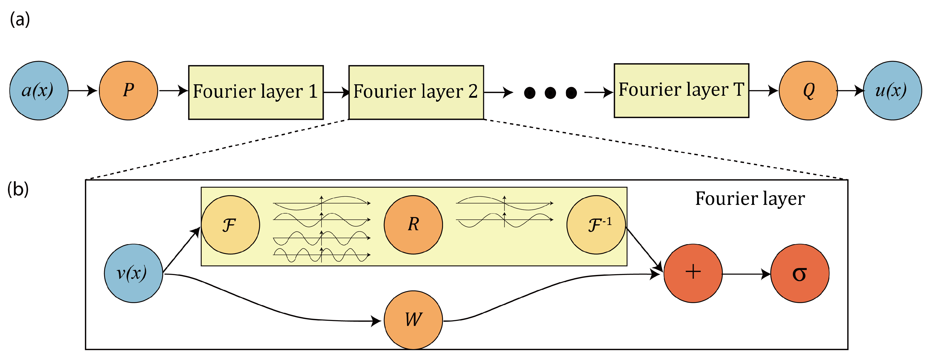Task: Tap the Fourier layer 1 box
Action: (256, 92)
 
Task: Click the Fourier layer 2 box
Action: (416, 92)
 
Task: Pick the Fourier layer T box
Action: (681, 90)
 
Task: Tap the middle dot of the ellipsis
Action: (550, 93)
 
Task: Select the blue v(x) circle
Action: (133, 273)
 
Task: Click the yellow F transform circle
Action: (230, 225)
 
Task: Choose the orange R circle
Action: (413, 225)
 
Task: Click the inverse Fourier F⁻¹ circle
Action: (596, 225)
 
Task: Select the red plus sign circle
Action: (693, 273)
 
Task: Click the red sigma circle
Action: (800, 273)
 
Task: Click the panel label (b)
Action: (18, 189)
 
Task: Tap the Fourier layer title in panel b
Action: (750, 198)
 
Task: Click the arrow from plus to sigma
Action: (746, 274)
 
